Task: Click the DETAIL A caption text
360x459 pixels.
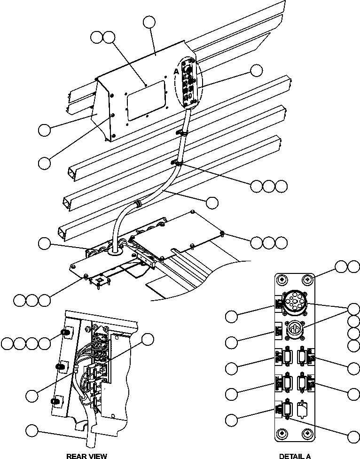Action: pyautogui.click(x=295, y=456)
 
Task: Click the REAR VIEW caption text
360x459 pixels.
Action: pyautogui.click(x=86, y=456)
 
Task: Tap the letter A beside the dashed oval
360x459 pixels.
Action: pyautogui.click(x=176, y=70)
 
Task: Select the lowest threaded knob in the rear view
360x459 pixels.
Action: pyautogui.click(x=55, y=400)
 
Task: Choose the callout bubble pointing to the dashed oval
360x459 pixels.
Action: pyautogui.click(x=256, y=70)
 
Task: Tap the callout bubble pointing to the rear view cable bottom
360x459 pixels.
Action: pyautogui.click(x=32, y=430)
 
